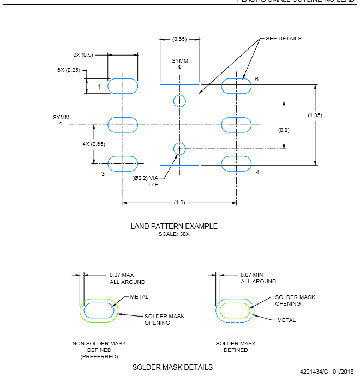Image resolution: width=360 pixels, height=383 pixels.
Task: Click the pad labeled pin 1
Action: point(123,86)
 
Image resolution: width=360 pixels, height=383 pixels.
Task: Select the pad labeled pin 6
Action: point(237,86)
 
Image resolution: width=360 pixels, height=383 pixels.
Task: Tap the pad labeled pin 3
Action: point(123,163)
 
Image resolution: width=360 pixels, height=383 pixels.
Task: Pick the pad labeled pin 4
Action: point(237,163)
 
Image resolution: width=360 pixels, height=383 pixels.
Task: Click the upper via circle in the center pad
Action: point(179,101)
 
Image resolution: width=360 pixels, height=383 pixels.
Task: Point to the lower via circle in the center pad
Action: point(179,148)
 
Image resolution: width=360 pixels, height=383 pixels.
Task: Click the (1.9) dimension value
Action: point(179,203)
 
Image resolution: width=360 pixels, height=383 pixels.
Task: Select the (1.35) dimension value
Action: point(315,115)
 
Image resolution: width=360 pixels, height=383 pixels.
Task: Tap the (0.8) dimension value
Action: point(284,130)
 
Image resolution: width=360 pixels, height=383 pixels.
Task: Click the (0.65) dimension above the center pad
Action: point(179,39)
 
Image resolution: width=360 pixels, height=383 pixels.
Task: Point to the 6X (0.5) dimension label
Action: point(83,54)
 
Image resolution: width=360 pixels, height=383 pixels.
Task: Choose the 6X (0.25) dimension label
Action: point(68,70)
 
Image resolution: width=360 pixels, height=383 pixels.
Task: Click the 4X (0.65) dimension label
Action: point(79,144)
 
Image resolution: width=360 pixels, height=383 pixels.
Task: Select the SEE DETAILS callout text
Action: point(284,39)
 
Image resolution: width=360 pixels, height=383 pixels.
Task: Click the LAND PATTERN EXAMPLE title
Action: point(174,226)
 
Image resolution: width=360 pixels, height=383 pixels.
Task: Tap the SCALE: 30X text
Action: point(174,234)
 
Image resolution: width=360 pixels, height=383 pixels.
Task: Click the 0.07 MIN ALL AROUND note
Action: point(259,278)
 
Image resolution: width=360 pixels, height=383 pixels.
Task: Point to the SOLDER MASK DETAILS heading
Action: point(172,367)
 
